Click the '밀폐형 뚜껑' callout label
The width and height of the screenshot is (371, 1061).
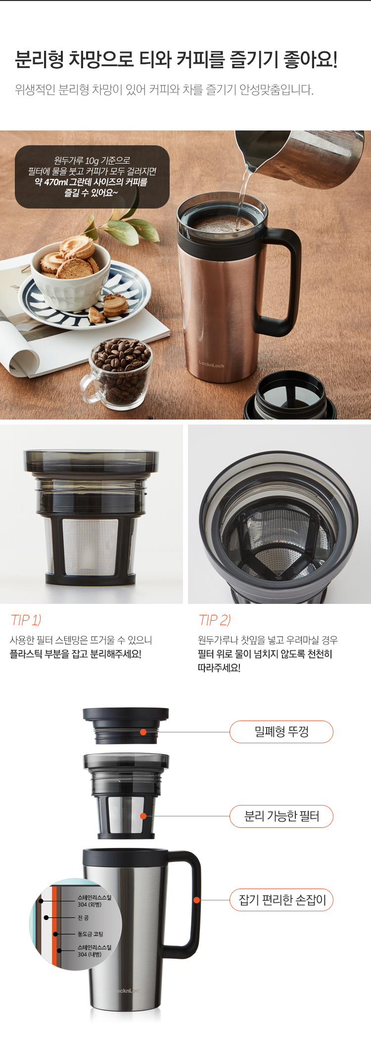tap(281, 731)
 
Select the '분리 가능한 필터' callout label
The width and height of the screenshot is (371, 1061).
tap(281, 816)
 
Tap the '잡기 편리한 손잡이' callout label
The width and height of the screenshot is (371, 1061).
tap(281, 900)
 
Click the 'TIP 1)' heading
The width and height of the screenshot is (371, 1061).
tap(26, 620)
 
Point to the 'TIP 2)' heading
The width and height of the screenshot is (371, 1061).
tap(215, 620)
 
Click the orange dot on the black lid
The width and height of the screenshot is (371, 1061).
tap(143, 732)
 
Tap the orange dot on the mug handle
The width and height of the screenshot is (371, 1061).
tap(196, 900)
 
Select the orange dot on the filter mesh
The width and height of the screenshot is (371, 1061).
tap(143, 816)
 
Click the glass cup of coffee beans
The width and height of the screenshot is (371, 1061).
tap(119, 373)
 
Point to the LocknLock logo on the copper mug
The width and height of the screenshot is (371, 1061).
tap(212, 365)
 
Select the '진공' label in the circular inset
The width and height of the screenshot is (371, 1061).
tap(83, 918)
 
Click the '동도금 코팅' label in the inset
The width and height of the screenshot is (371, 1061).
tap(91, 934)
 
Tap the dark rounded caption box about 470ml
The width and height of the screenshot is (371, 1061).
tap(92, 176)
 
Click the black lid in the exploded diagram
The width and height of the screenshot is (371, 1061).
tap(126, 725)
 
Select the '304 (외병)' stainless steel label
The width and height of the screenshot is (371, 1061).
tap(94, 900)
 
